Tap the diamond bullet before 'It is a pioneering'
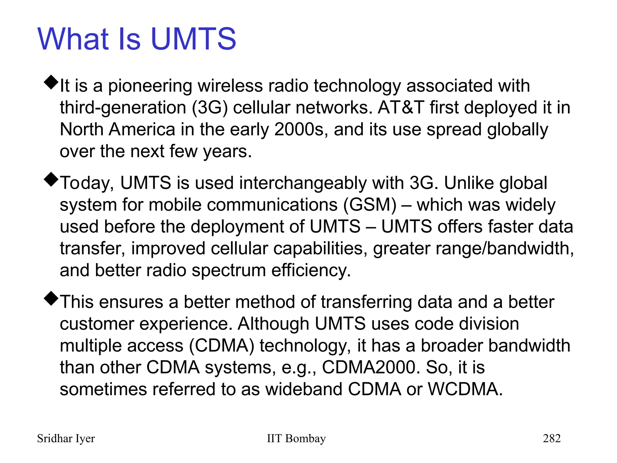(51, 82)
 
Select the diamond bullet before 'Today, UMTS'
(51, 179)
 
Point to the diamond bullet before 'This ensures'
(51, 298)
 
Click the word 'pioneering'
(150, 86)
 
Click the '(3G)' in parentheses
(210, 108)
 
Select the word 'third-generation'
(123, 108)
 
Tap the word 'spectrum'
(229, 271)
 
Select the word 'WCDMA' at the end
(465, 389)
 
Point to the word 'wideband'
(304, 389)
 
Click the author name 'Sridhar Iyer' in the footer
(66, 439)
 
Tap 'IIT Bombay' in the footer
(296, 439)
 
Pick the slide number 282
(552, 438)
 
